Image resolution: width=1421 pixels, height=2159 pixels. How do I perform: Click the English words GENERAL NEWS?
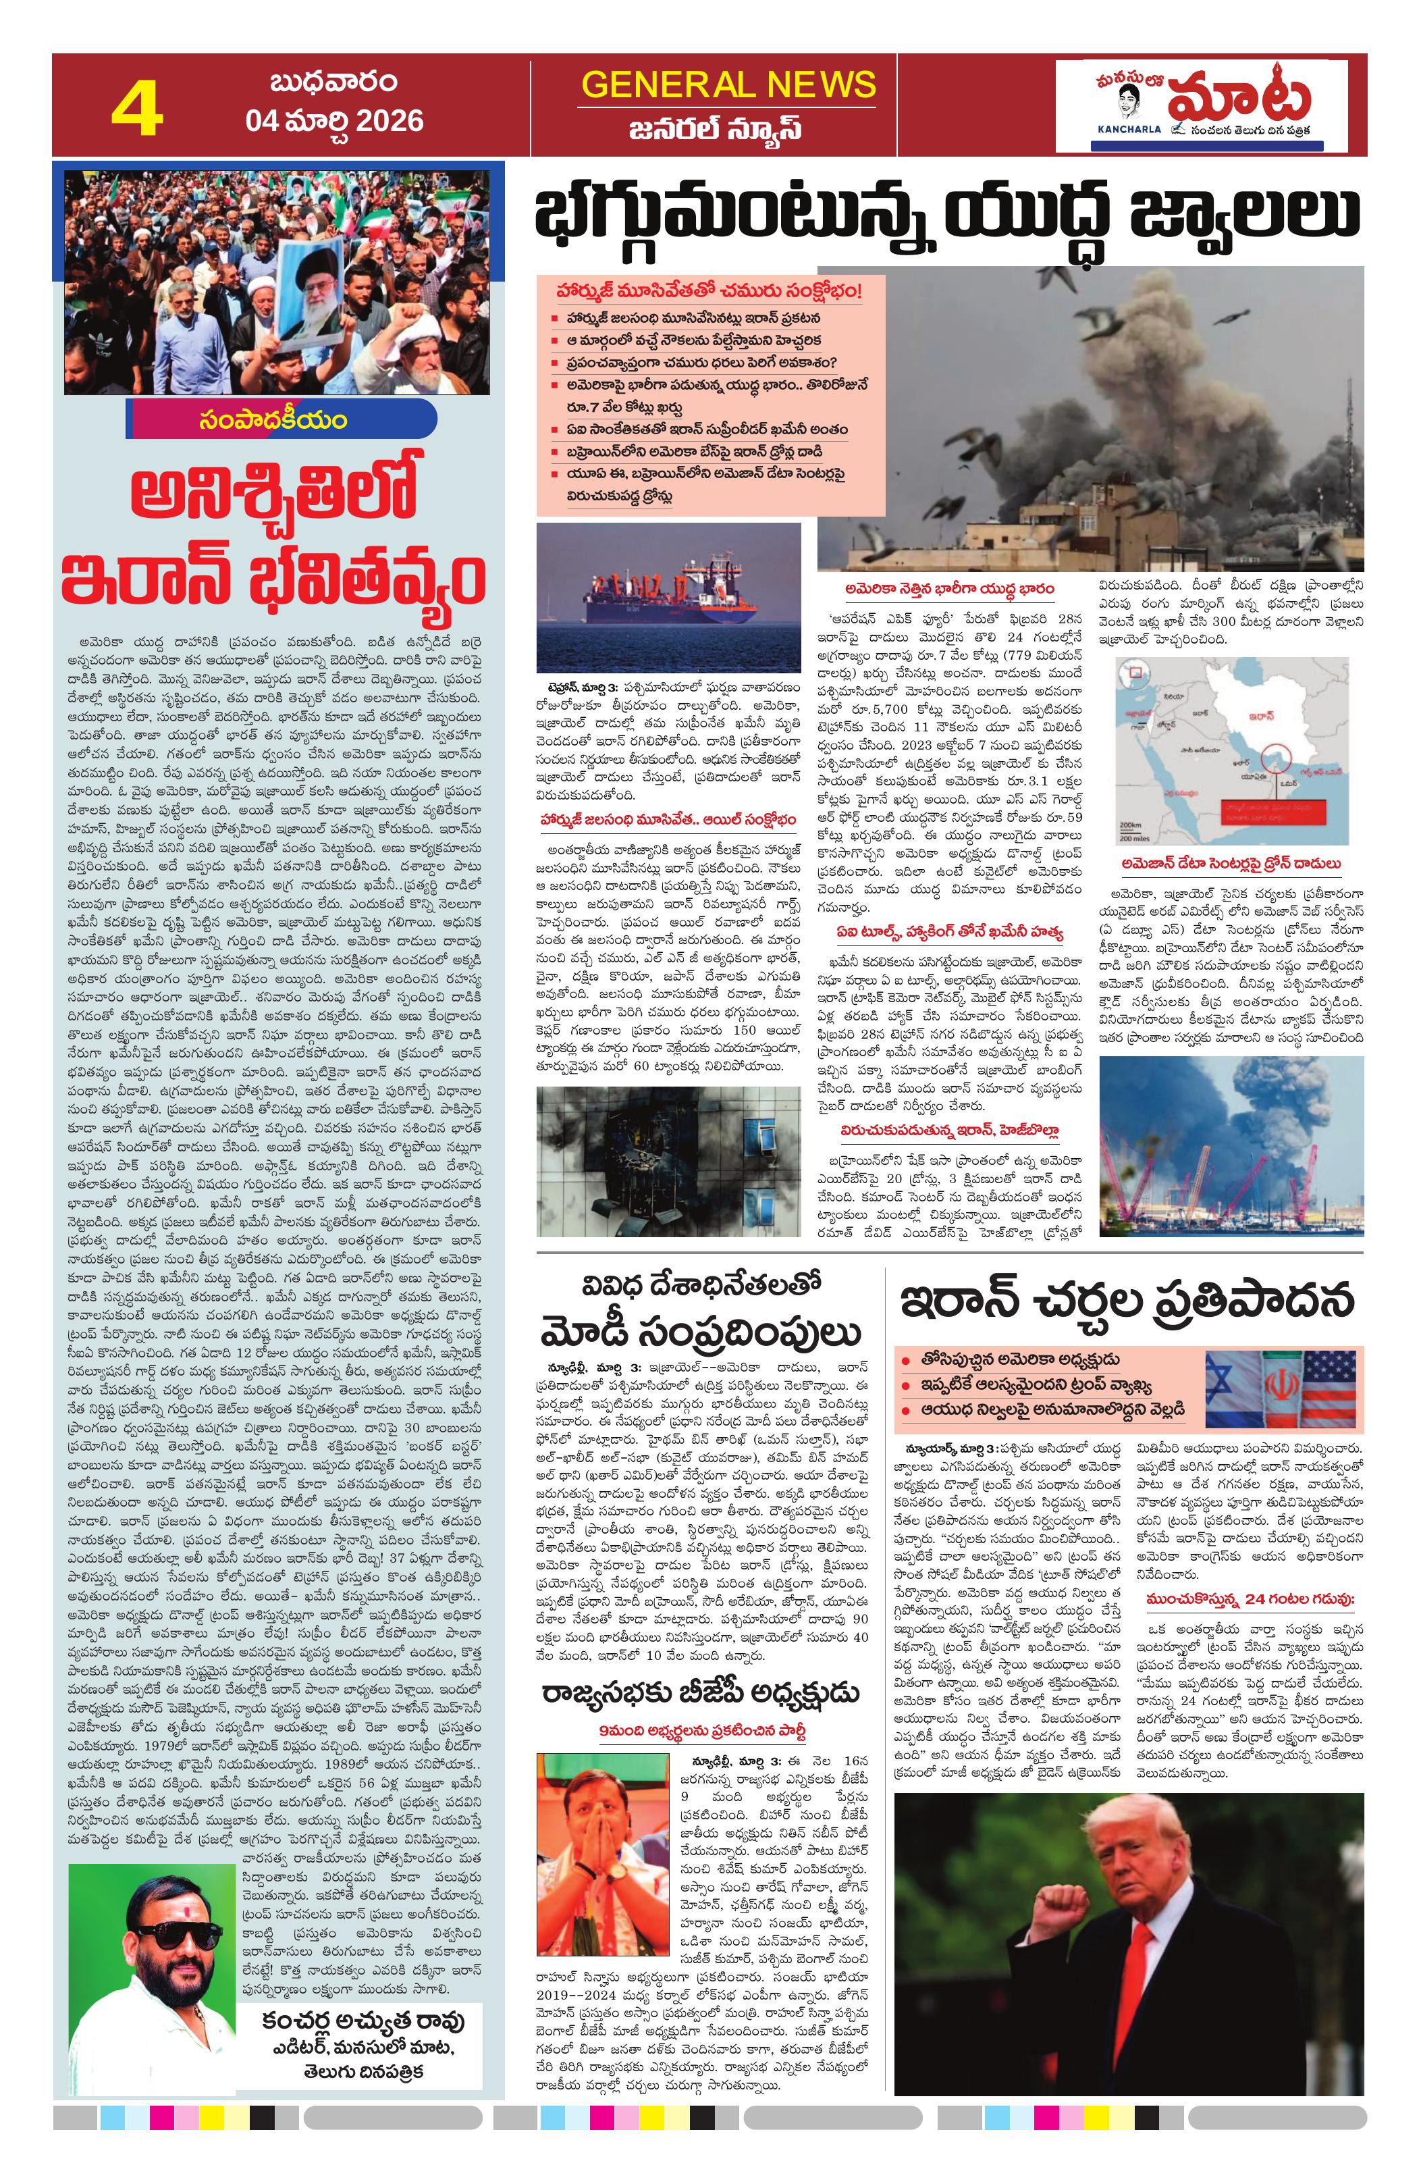click(x=728, y=84)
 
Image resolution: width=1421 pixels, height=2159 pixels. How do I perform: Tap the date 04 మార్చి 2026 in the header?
click(x=333, y=122)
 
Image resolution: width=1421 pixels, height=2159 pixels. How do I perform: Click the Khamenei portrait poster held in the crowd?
click(x=309, y=293)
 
